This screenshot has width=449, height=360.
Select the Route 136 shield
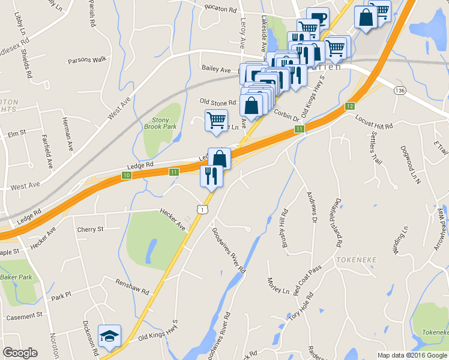(399, 89)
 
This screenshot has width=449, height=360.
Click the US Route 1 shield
(203, 209)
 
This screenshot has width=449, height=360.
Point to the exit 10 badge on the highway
(126, 175)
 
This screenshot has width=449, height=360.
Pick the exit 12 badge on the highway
(349, 106)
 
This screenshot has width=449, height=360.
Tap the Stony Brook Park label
(160, 123)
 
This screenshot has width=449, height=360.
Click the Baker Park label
(16, 277)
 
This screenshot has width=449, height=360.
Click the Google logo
(20, 353)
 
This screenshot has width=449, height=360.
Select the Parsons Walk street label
(86, 59)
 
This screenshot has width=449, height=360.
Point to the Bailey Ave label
(217, 70)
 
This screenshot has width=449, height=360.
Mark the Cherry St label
(91, 229)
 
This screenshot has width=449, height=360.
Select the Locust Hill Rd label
(373, 122)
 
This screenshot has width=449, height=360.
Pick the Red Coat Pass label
(307, 279)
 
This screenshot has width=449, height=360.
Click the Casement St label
(24, 315)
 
